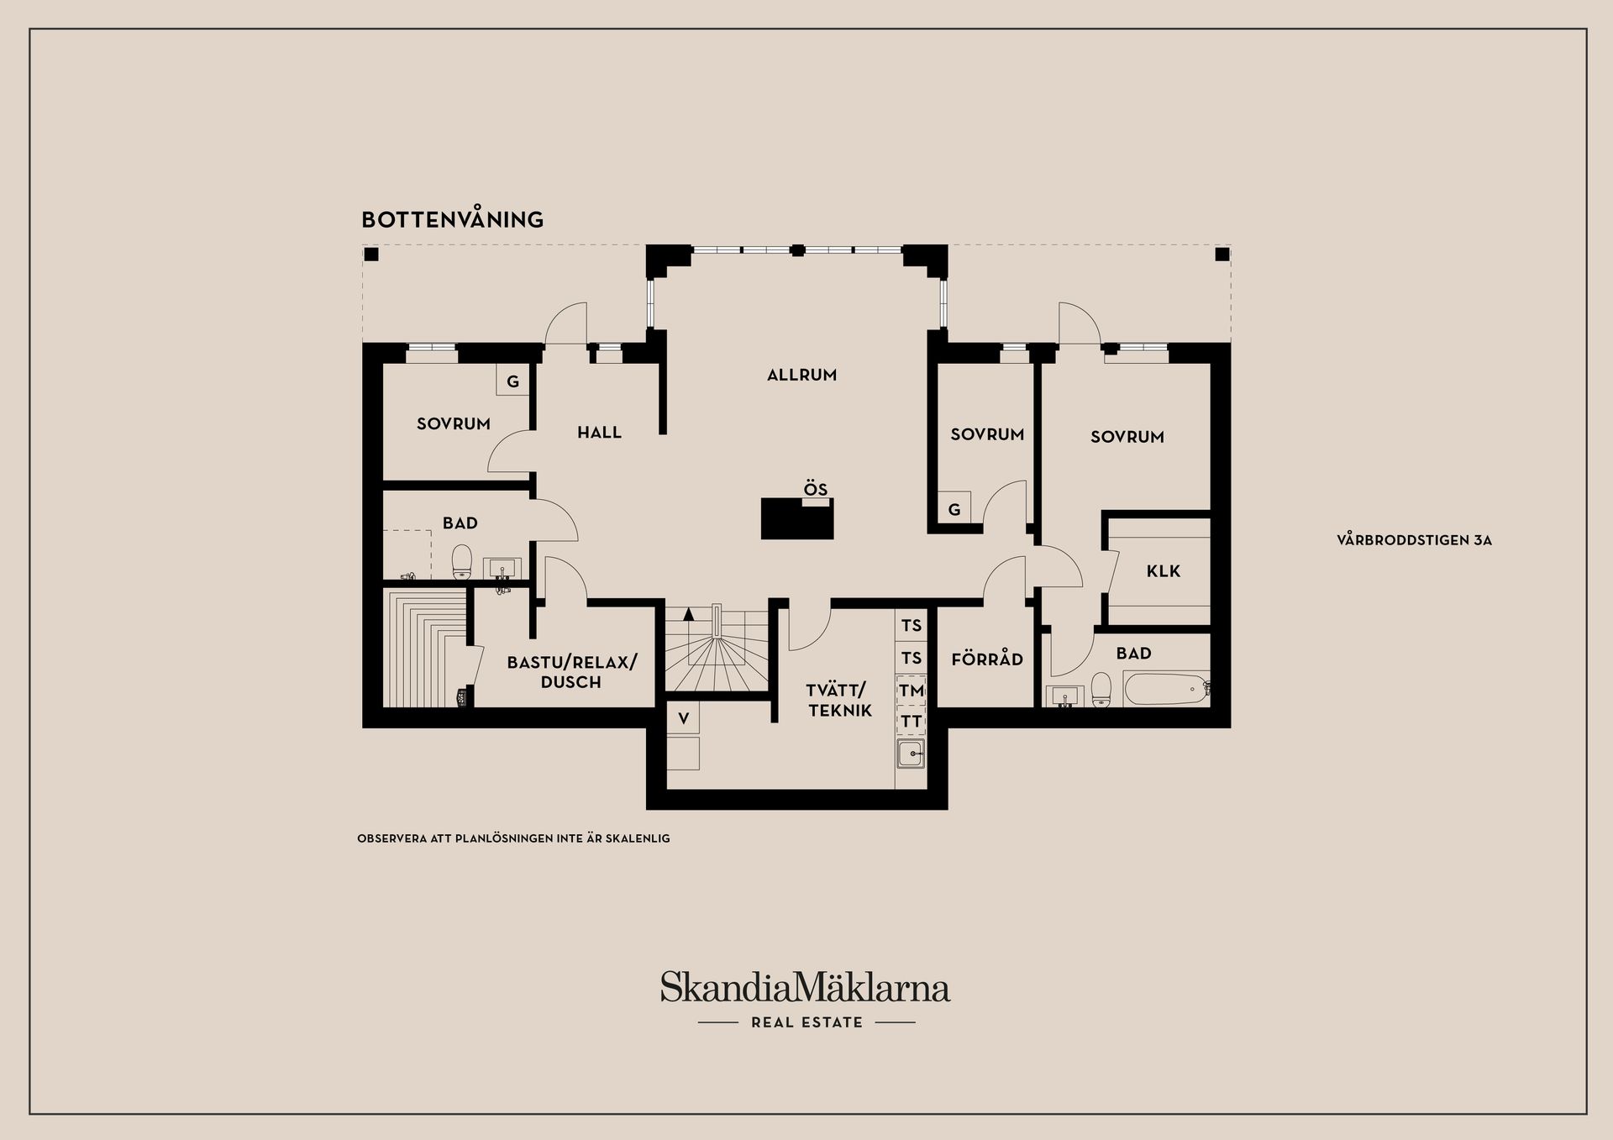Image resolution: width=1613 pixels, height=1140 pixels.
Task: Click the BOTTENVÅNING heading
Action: pyautogui.click(x=452, y=219)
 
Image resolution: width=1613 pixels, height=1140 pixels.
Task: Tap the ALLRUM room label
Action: pyautogui.click(x=801, y=376)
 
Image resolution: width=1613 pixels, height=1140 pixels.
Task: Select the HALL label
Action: pyautogui.click(x=599, y=433)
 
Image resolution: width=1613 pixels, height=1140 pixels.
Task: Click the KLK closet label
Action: pyautogui.click(x=1163, y=571)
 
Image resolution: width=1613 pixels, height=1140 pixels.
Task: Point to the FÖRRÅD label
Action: pyautogui.click(x=987, y=659)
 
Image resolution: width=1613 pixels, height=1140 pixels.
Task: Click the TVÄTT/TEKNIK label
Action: pyautogui.click(x=839, y=701)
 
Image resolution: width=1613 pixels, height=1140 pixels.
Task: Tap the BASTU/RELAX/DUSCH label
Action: pyautogui.click(x=571, y=672)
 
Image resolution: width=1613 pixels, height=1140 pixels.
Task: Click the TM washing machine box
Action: pyautogui.click(x=912, y=691)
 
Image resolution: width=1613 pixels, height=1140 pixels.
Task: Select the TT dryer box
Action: pyautogui.click(x=912, y=722)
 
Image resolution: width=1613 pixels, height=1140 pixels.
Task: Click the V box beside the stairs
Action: pyautogui.click(x=683, y=719)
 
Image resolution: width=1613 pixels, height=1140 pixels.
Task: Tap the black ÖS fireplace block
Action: pyautogui.click(x=797, y=518)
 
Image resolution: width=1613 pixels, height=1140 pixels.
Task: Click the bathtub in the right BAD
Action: pyautogui.click(x=1164, y=690)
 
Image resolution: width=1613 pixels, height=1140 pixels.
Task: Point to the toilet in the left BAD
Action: pyautogui.click(x=461, y=562)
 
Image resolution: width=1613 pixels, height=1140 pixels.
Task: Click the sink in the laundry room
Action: pyautogui.click(x=911, y=754)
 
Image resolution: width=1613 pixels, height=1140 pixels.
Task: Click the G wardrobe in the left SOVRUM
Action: pyautogui.click(x=512, y=381)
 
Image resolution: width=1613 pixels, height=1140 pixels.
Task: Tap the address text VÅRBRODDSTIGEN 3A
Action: pyautogui.click(x=1414, y=541)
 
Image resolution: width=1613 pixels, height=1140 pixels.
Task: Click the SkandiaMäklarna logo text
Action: pyautogui.click(x=805, y=987)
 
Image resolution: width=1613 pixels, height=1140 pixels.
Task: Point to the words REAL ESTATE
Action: pyautogui.click(x=806, y=1022)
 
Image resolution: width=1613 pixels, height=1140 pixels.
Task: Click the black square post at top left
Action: pyautogui.click(x=371, y=255)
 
